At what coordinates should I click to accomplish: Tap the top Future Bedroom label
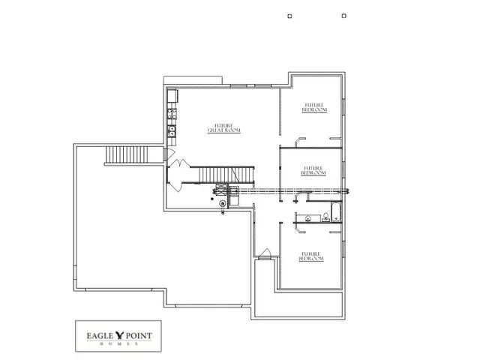click(x=314, y=107)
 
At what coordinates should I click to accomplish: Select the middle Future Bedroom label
click(x=313, y=170)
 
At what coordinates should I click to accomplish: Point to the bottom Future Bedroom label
click(x=313, y=256)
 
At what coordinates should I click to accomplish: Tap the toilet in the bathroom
click(x=326, y=218)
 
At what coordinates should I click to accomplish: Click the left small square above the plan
click(x=289, y=15)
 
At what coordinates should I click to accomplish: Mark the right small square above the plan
click(x=343, y=15)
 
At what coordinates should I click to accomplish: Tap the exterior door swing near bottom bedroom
click(x=264, y=253)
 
